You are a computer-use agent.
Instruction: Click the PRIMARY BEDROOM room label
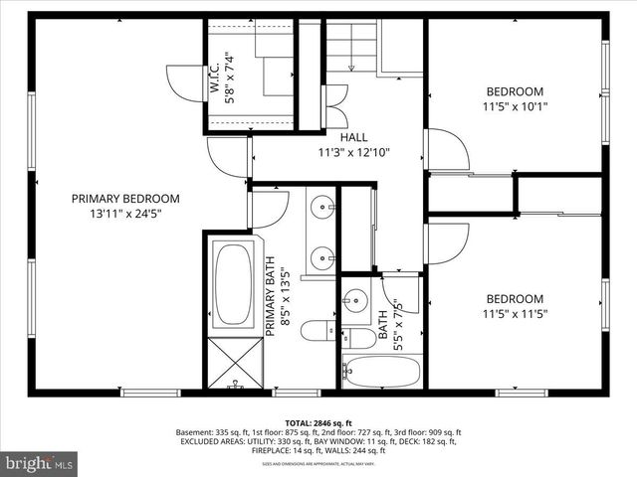(x=125, y=198)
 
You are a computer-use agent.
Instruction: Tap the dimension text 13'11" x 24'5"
(x=125, y=213)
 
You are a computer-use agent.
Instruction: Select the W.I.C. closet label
(x=215, y=78)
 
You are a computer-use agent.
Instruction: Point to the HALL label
(x=353, y=137)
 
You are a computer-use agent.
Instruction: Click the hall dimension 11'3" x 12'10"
(x=353, y=153)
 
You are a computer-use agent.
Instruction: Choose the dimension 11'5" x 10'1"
(x=515, y=106)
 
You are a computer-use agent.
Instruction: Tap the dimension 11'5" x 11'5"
(x=515, y=314)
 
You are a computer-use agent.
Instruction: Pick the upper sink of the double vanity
(x=322, y=209)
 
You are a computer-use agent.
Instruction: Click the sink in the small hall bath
(x=355, y=299)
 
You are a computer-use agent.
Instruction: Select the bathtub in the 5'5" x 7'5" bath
(x=380, y=371)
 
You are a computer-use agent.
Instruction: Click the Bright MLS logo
(x=40, y=463)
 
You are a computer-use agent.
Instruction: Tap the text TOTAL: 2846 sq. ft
(x=318, y=422)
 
